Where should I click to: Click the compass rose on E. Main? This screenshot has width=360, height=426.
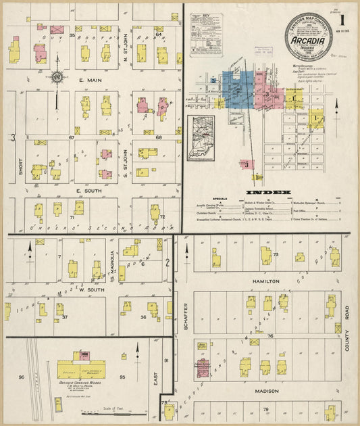point(57,78)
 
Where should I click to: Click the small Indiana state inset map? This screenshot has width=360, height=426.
point(201,139)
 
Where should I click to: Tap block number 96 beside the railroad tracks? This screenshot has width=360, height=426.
point(21,377)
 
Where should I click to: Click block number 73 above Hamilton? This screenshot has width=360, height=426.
point(276,254)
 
